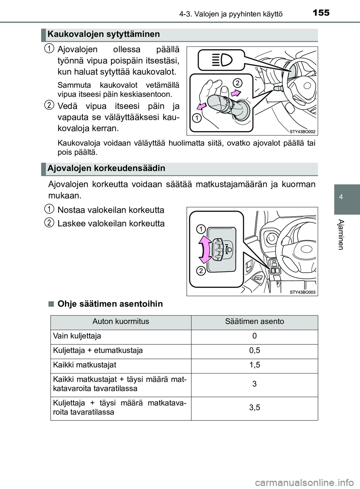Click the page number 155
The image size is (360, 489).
pos(321,13)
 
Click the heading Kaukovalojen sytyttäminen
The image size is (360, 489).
pos(103,34)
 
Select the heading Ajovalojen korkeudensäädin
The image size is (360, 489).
pos(106,169)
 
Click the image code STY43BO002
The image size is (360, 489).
pos(303,132)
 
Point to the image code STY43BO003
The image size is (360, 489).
pos(303,292)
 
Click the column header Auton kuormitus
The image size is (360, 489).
pos(121,322)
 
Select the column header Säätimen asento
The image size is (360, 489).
pos(254,322)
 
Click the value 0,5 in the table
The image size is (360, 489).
pos(254,351)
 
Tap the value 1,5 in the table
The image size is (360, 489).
pos(254,365)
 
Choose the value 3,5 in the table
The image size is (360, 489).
pos(254,408)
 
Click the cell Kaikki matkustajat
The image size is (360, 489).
pos(84,365)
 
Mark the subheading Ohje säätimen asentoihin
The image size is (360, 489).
pos(110,304)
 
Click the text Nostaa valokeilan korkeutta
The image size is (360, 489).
pos(111,210)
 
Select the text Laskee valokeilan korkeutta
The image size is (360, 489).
pos(111,224)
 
